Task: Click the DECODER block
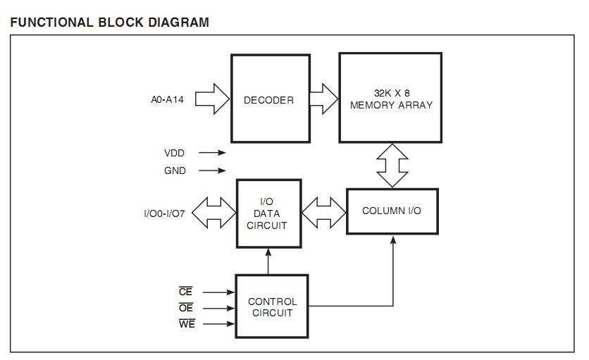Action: [271, 99]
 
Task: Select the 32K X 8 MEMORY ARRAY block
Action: [390, 98]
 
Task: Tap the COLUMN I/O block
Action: [392, 211]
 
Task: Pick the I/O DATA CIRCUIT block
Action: [269, 213]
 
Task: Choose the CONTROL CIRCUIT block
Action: [272, 306]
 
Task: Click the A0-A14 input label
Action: [167, 99]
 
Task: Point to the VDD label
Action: [174, 153]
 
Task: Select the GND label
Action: [175, 170]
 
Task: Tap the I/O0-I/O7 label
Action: [165, 214]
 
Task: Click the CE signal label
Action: [185, 292]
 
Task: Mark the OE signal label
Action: [186, 308]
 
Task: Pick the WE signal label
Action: [187, 323]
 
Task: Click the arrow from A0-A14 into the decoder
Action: [212, 99]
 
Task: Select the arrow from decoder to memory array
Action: [324, 99]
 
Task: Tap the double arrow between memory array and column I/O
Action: [392, 166]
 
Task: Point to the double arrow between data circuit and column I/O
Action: [324, 213]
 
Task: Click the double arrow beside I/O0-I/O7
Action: [213, 213]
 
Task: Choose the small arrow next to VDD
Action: [212, 153]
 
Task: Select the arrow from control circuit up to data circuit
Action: [268, 261]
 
